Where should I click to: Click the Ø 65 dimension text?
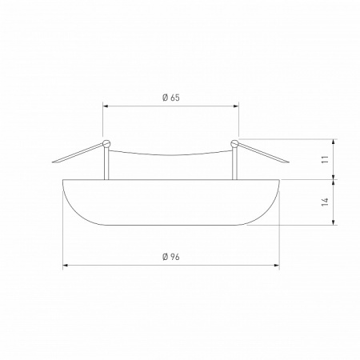pos(170,98)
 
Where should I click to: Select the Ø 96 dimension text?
pos(170,256)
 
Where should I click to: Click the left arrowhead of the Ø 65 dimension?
pos(106,105)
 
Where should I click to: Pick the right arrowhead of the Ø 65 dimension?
pos(236,105)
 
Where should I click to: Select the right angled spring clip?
pos(261,154)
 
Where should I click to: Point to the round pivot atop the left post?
pos(107,144)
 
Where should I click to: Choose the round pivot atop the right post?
pos(234,144)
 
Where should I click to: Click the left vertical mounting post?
pos(108,164)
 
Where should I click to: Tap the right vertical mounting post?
pos(234,164)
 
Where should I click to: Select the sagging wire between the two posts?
pos(170,156)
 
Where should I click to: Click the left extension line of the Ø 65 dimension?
pos(103,120)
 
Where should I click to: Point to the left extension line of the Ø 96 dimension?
pos(62,232)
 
